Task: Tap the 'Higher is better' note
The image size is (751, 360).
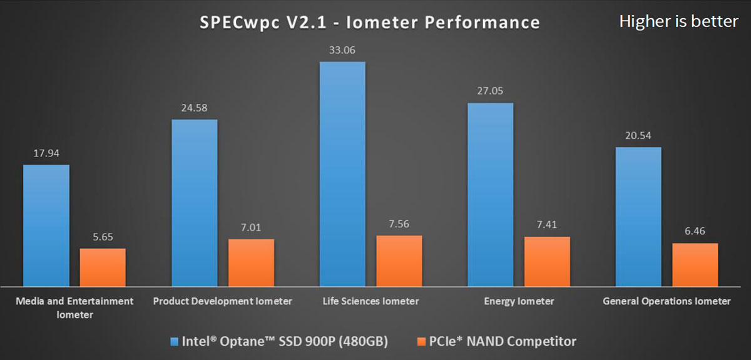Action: point(678,21)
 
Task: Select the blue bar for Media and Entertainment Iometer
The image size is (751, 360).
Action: point(46,225)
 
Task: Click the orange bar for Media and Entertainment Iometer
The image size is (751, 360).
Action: point(103,267)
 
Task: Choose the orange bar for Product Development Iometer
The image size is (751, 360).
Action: point(251,262)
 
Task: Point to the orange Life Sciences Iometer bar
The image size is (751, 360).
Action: point(399,260)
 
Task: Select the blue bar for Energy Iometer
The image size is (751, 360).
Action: point(490,194)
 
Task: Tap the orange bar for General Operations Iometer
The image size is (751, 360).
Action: point(695,264)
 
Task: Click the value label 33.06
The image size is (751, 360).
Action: point(342,51)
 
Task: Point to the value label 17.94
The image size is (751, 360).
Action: point(46,153)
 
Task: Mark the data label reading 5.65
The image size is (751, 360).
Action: point(103,237)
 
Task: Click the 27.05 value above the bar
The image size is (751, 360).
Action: point(490,91)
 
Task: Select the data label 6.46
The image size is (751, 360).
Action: point(695,232)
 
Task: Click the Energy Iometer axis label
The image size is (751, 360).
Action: point(519,301)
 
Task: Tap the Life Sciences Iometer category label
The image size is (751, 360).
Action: point(371,301)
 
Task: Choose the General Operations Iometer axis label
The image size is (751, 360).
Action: point(667,301)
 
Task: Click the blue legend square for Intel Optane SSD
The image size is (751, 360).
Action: point(175,342)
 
